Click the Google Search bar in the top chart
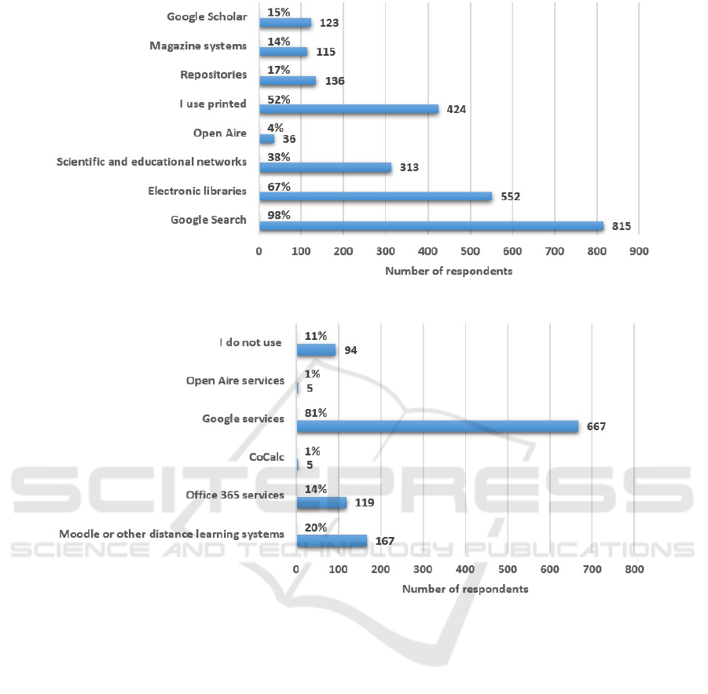[x=431, y=226]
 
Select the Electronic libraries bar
[x=375, y=196]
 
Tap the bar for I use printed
[x=348, y=109]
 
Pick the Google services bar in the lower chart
[x=437, y=426]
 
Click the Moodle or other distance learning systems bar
[x=332, y=541]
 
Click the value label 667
[x=595, y=426]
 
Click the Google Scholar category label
[x=207, y=16]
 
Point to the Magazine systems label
[x=198, y=46]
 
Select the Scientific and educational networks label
[x=152, y=162]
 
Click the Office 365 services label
[x=235, y=495]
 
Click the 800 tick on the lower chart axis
[x=634, y=569]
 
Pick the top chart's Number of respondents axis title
[x=448, y=271]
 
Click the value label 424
[x=456, y=110]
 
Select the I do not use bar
[x=316, y=349]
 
